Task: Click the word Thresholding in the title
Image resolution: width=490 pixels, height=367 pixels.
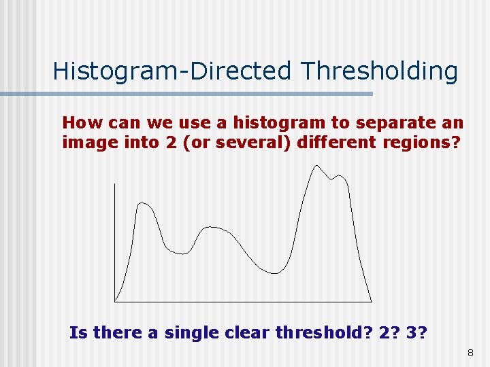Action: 380,71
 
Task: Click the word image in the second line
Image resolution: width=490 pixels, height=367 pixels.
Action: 82,143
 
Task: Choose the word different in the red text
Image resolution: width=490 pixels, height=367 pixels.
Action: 329,143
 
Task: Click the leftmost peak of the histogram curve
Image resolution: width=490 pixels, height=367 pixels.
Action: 142,203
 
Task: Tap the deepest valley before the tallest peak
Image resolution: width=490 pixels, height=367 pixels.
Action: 274,273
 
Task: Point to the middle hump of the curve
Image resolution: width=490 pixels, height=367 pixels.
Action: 212,228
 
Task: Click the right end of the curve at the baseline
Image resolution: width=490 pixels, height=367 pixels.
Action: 372,301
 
